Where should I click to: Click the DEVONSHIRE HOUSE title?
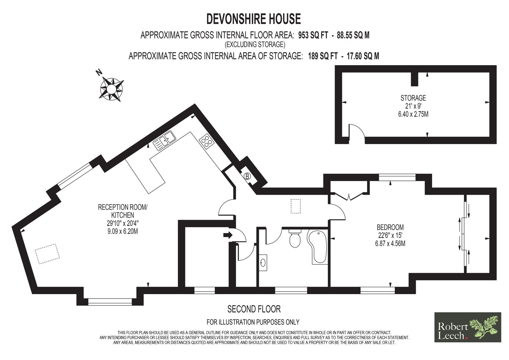[x=253, y=19]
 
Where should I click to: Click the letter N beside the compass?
[x=99, y=73]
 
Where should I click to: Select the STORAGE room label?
[x=413, y=98]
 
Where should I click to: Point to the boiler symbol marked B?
[x=248, y=176]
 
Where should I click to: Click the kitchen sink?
[x=164, y=141]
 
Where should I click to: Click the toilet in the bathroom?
[x=295, y=238]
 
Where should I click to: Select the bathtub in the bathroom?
[x=317, y=247]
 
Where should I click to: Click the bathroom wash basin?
[x=263, y=263]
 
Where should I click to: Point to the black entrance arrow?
[x=228, y=235]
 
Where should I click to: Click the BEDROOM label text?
[x=390, y=227]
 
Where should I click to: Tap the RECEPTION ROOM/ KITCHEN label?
[x=123, y=211]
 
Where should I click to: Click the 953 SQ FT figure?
[x=313, y=35]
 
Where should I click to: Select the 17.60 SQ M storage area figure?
[x=363, y=56]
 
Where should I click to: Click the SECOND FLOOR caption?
[x=254, y=309]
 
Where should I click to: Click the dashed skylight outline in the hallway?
[x=296, y=206]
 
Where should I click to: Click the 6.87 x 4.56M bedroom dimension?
[x=390, y=244]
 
